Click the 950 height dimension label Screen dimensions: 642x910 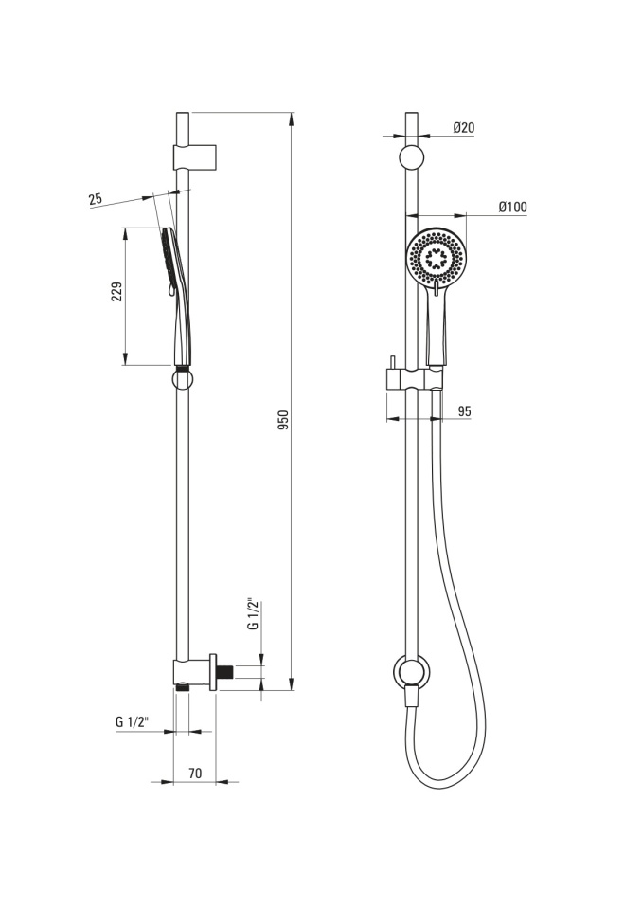pyautogui.click(x=283, y=420)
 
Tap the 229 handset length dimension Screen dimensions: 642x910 pyautogui.click(x=117, y=291)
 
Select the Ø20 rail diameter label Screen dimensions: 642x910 pyautogui.click(x=464, y=128)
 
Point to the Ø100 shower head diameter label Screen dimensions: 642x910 pyautogui.click(x=513, y=207)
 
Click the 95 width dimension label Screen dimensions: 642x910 pyautogui.click(x=465, y=411)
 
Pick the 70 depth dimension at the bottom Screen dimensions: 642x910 pyautogui.click(x=195, y=773)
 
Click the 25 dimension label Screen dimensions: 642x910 pyautogui.click(x=95, y=200)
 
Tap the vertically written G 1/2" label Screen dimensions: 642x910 pyautogui.click(x=254, y=614)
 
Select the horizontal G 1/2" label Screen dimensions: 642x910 pyautogui.click(x=133, y=722)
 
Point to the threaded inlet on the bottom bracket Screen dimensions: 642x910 pyautogui.click(x=225, y=672)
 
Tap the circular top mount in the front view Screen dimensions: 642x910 pyautogui.click(x=411, y=157)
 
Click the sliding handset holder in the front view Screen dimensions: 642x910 pyautogui.click(x=414, y=379)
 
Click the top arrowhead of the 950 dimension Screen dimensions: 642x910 pyautogui.click(x=292, y=118)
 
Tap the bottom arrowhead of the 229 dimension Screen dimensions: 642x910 pyautogui.click(x=125, y=358)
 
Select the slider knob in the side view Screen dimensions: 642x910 pyautogui.click(x=182, y=380)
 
